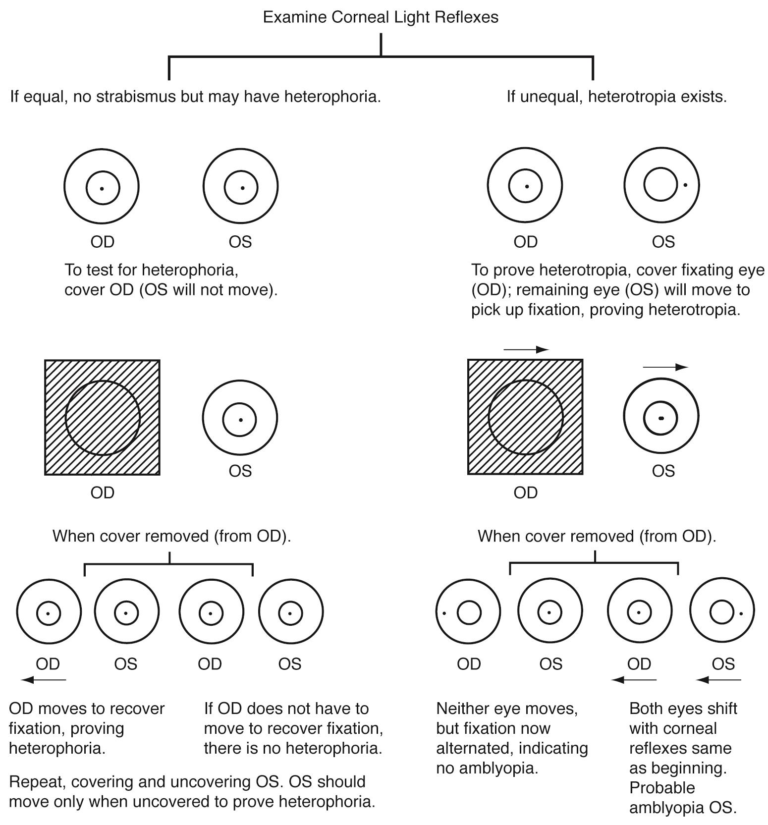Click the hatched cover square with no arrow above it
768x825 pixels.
102,418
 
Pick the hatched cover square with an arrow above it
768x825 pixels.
525,418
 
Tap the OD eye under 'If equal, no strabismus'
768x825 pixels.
102,187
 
